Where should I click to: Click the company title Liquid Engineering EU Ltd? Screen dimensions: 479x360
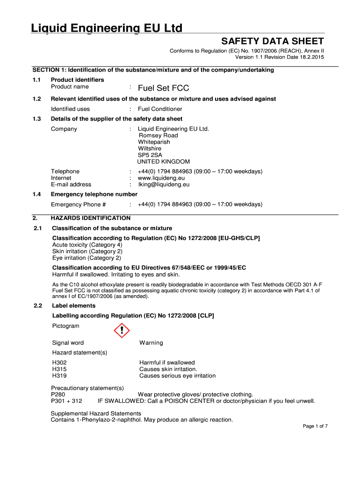click(107, 29)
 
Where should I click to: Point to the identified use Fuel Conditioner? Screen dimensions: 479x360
click(160, 109)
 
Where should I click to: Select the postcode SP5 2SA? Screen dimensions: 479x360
click(150, 155)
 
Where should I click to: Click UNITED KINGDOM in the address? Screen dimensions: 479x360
click(157, 161)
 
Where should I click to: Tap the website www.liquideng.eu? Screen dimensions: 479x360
click(161, 178)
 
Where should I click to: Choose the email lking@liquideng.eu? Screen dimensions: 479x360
click(163, 184)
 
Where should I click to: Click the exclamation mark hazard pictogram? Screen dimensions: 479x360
click(122, 331)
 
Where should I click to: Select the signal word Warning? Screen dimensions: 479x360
click(151, 343)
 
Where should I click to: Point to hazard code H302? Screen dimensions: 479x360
click(59, 363)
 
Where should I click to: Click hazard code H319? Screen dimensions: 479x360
click(59, 376)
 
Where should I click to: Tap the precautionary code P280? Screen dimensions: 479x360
click(58, 394)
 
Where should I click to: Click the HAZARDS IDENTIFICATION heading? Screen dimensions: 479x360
click(91, 218)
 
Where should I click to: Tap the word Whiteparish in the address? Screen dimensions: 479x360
click(154, 142)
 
